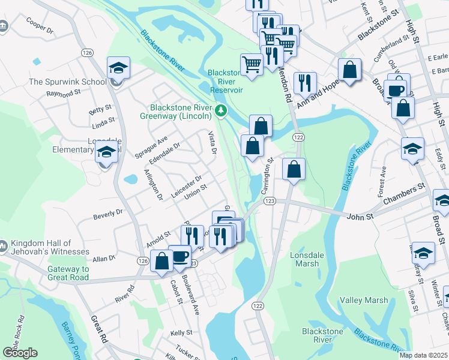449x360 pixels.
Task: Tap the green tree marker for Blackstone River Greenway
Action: tap(221, 110)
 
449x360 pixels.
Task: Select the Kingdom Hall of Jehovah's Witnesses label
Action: tap(50, 247)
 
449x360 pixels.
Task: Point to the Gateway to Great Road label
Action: tap(68, 274)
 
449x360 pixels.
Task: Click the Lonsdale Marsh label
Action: tap(307, 259)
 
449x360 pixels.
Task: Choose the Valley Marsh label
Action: tap(360, 300)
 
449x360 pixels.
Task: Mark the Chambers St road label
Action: tap(405, 190)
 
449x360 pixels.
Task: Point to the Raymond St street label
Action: tap(64, 94)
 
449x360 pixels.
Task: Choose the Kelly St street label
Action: tap(181, 332)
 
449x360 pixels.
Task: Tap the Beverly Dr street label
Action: tap(108, 212)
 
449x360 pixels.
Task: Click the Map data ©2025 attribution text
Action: tap(423, 355)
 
